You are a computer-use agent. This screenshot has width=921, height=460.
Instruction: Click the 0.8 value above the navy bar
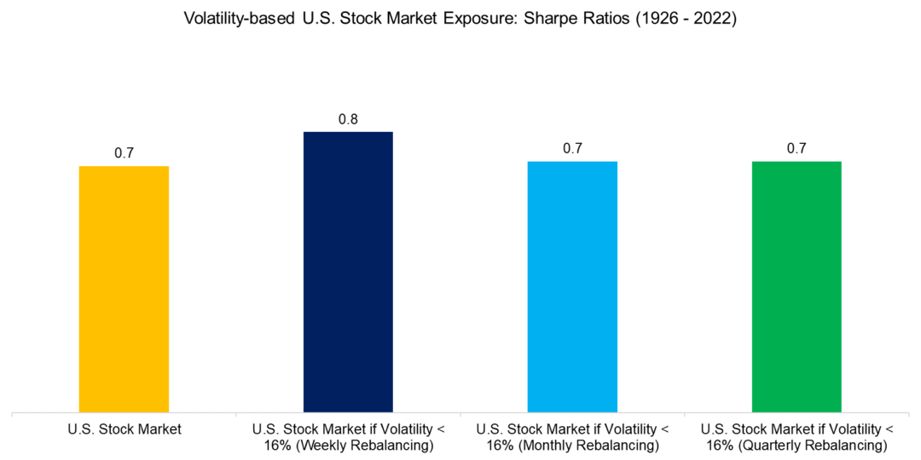(x=348, y=119)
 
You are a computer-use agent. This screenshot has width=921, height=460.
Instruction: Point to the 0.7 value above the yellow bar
(x=124, y=153)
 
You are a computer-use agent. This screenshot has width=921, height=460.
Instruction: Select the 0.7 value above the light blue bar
(x=572, y=148)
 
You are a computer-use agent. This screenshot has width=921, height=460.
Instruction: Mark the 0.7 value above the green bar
(x=796, y=148)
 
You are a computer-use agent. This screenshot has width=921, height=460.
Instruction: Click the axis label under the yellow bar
(x=125, y=429)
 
